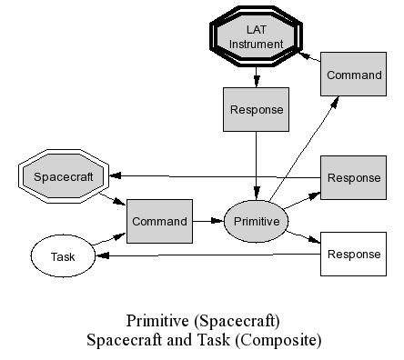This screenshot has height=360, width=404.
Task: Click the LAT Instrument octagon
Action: (x=257, y=36)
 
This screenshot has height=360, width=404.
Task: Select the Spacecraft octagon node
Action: (x=64, y=176)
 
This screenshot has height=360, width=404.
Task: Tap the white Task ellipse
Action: (x=63, y=256)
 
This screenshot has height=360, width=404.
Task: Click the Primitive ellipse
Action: (x=257, y=221)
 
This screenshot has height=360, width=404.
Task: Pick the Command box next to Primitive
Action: (x=159, y=221)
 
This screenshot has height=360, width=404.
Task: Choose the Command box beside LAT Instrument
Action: (x=354, y=75)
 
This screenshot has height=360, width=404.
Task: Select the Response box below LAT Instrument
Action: (x=257, y=110)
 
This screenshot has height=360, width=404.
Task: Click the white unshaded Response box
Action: (x=354, y=254)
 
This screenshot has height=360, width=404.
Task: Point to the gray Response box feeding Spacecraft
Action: (x=354, y=178)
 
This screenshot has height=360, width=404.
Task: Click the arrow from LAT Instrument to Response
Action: (x=257, y=77)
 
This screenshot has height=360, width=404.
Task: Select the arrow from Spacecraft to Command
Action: (x=112, y=199)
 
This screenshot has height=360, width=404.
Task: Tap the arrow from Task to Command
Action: (x=108, y=239)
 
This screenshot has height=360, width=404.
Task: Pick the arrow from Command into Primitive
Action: (x=208, y=221)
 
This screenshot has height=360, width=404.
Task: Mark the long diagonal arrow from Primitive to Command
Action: (x=304, y=148)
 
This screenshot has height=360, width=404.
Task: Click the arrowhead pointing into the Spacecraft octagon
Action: (x=115, y=175)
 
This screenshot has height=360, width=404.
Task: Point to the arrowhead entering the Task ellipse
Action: (x=102, y=256)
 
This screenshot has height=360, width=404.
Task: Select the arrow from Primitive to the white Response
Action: (x=303, y=237)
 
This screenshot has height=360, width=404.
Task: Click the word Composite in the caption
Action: (x=278, y=340)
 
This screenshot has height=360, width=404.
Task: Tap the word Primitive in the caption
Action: (x=157, y=321)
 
